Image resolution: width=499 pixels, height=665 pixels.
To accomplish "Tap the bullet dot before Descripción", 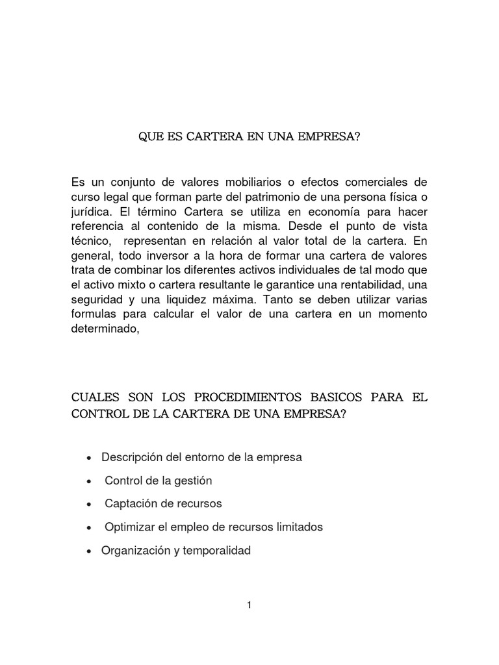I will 89,458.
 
